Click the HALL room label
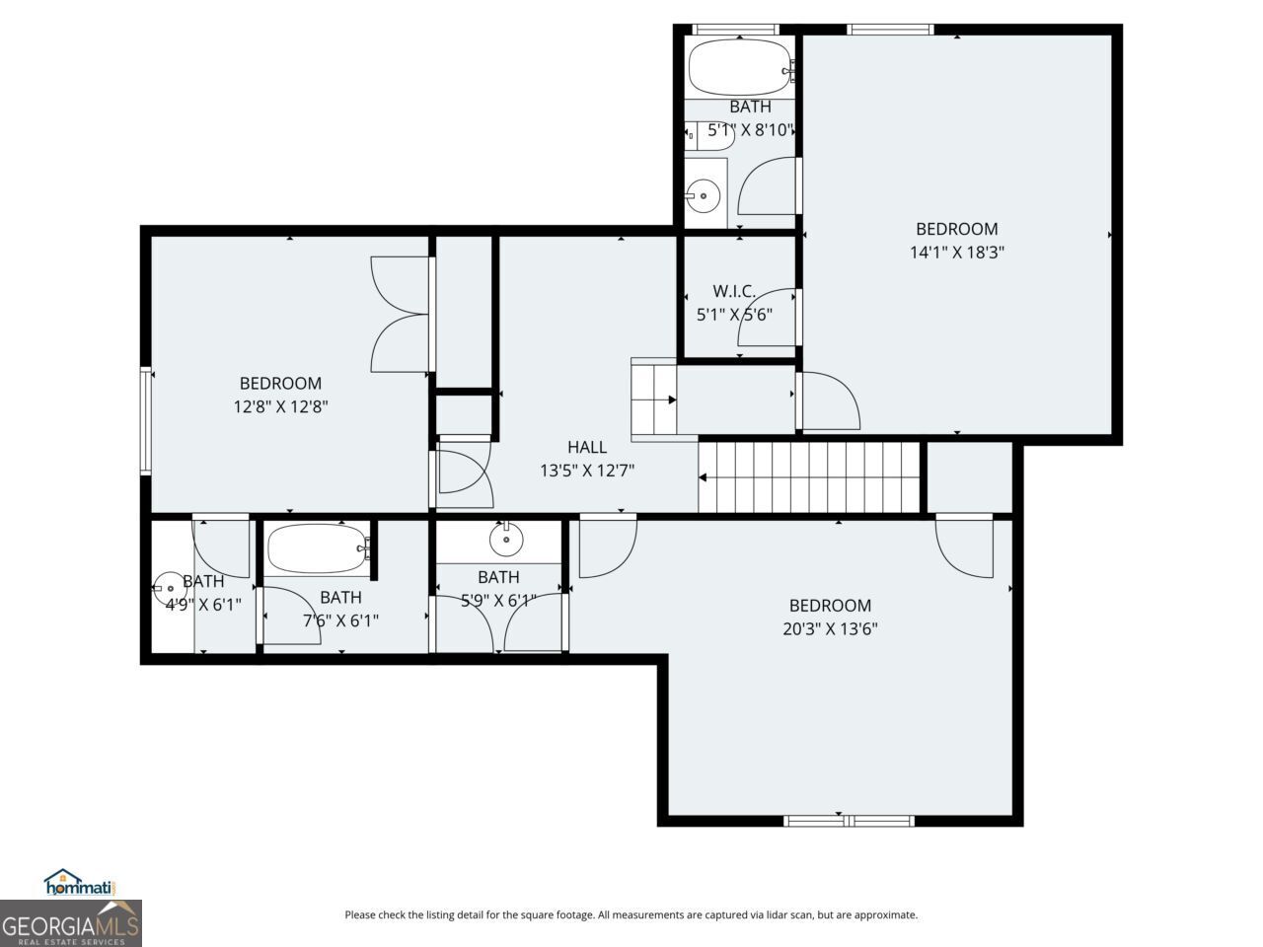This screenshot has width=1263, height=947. [586, 447]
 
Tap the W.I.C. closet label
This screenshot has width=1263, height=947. [734, 291]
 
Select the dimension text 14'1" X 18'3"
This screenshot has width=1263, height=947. [956, 253]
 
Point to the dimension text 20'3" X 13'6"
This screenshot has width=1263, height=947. [830, 629]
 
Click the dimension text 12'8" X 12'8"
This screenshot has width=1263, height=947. [280, 406]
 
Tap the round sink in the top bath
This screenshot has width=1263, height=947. [704, 196]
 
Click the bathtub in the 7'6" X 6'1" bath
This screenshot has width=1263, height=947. [317, 548]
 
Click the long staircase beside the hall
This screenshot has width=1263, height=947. [809, 477]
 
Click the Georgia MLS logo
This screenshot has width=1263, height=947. [71, 925]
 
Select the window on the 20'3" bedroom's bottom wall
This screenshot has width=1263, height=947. [849, 820]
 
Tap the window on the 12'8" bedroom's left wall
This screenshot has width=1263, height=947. [146, 420]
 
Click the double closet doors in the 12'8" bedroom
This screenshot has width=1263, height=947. [401, 314]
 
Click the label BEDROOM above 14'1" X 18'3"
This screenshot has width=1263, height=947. [956, 229]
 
